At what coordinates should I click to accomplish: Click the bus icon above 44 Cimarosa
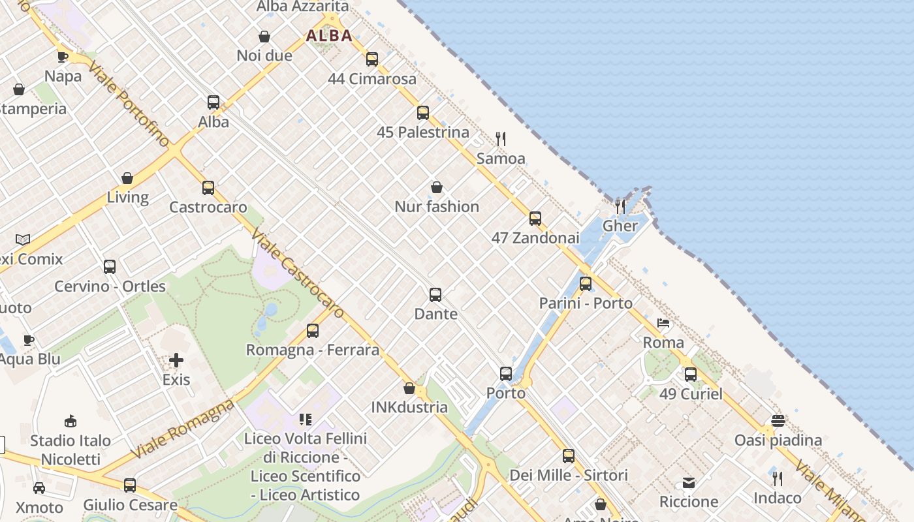click(x=372, y=59)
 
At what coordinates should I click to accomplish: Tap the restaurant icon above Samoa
click(x=501, y=138)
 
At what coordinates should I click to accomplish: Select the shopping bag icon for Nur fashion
click(x=437, y=188)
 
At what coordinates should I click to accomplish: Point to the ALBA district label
click(x=330, y=36)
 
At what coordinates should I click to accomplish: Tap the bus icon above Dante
click(x=435, y=295)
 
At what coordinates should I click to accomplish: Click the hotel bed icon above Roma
click(x=663, y=323)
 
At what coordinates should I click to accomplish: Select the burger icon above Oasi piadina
click(x=778, y=420)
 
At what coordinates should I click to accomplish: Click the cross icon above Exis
click(x=176, y=360)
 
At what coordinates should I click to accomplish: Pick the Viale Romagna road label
click(x=182, y=429)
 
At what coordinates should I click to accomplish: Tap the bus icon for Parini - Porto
click(x=586, y=284)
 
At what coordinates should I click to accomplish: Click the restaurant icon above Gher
click(x=620, y=207)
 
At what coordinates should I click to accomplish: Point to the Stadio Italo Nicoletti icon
click(x=71, y=422)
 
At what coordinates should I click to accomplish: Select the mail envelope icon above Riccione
click(x=689, y=483)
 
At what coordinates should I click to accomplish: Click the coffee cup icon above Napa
click(x=63, y=57)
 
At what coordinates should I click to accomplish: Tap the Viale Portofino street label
click(x=128, y=103)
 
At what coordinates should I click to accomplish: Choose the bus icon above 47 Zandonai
click(x=535, y=219)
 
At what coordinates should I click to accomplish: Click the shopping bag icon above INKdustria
click(x=409, y=388)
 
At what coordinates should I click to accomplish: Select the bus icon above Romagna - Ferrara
click(x=313, y=331)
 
